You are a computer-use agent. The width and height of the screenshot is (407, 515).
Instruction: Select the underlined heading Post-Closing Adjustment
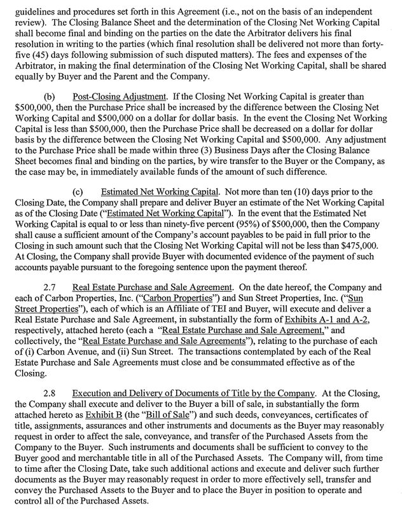[x=110, y=97]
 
